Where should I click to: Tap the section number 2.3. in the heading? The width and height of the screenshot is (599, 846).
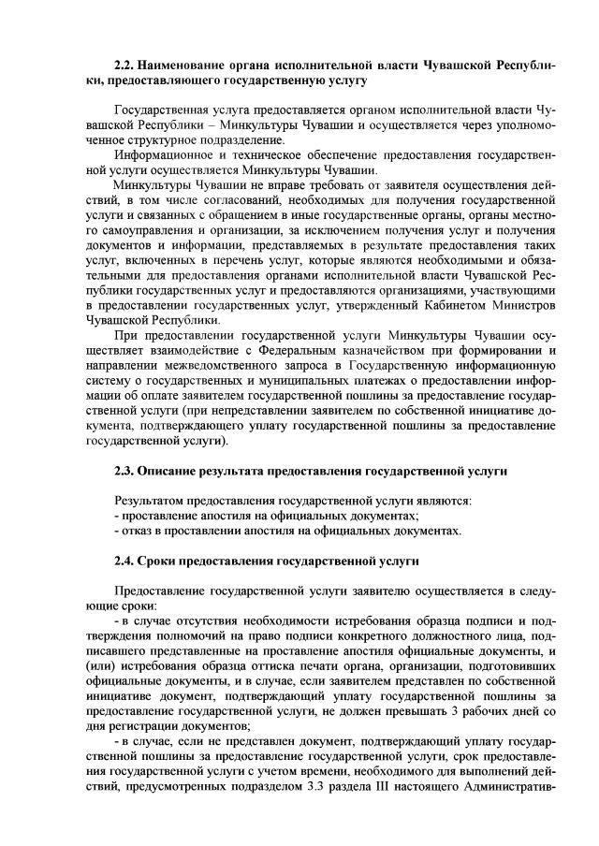click(x=124, y=471)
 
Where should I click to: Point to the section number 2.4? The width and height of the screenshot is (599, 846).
click(x=124, y=562)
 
